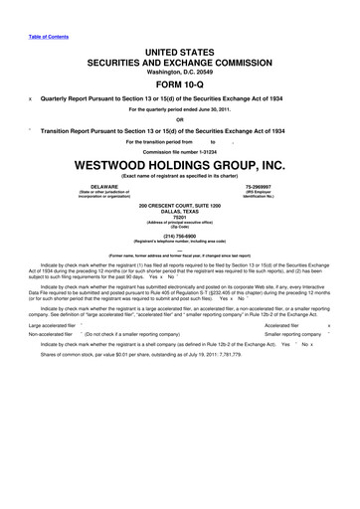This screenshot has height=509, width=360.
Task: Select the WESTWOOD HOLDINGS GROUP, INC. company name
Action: [180, 165]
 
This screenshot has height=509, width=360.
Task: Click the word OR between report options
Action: [180, 121]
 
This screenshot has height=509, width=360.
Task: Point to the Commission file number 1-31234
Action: [180, 150]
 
